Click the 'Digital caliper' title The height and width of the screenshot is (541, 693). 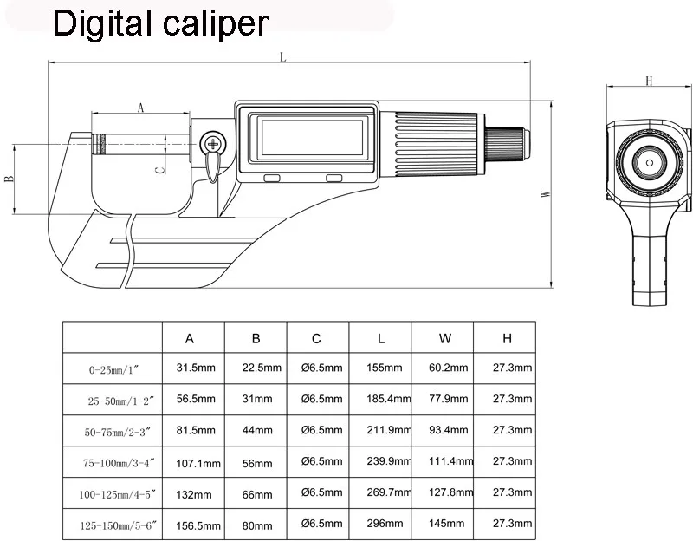tap(161, 23)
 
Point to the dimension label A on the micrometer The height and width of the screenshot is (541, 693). tap(139, 107)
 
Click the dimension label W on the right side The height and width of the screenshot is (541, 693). tap(545, 194)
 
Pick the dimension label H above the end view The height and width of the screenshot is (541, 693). tap(648, 81)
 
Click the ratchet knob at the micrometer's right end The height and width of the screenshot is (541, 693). tap(508, 142)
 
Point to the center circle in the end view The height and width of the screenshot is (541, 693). tap(648, 161)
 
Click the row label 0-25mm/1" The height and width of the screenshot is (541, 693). tap(113, 368)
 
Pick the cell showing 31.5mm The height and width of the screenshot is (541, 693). tap(195, 368)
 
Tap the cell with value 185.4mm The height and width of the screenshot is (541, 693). tap(381, 399)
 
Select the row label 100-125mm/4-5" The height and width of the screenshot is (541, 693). tap(113, 492)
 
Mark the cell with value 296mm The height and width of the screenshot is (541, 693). tap(381, 524)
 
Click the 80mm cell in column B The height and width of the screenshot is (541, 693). tap(256, 524)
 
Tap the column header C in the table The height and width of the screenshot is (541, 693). tap(317, 336)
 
